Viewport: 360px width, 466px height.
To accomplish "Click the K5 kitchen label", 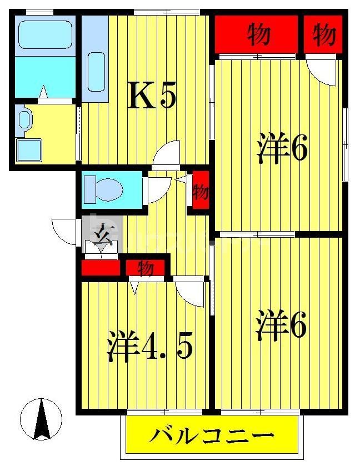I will [153, 96].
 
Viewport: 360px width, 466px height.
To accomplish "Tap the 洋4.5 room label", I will [149, 347].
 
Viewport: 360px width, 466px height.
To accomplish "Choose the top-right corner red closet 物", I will [323, 35].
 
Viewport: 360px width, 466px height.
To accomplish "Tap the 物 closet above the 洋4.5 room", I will [145, 268].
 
